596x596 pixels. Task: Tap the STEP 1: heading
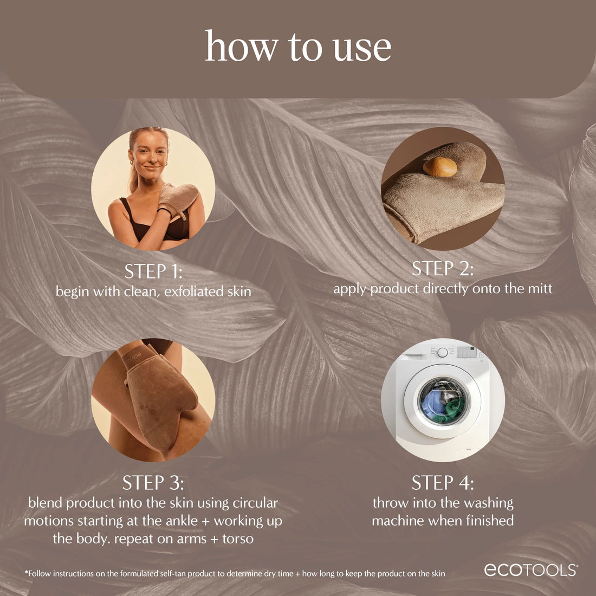[153, 271]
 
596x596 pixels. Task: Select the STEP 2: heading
[443, 269]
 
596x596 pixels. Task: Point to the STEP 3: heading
[153, 483]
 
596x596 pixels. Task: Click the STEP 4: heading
[443, 483]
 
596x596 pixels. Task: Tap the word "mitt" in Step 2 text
[540, 288]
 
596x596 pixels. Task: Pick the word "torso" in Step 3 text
[238, 539]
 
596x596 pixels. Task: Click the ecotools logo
[530, 570]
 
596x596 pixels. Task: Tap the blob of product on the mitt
[440, 167]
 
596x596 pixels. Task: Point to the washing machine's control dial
[443, 353]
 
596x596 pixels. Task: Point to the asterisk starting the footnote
[26, 572]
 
